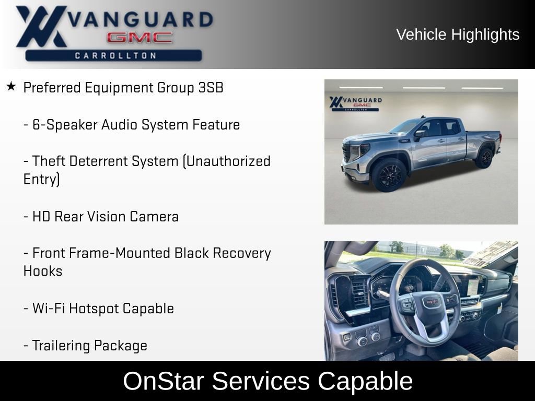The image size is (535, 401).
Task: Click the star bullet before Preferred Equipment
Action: click(11, 86)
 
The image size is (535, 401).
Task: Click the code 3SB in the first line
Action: click(211, 88)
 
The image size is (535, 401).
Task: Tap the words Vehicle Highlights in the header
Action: click(458, 34)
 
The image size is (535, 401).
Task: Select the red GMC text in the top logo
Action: click(139, 38)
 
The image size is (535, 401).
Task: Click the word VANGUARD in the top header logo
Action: click(141, 20)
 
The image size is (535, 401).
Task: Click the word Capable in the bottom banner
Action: click(365, 381)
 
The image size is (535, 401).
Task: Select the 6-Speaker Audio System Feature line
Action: click(132, 125)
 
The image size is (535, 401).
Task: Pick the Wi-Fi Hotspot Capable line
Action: click(99, 308)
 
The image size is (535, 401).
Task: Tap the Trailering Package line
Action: click(85, 345)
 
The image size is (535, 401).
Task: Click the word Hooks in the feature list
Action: click(43, 271)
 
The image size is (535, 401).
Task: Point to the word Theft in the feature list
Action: click(52, 161)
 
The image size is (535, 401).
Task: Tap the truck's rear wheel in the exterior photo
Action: click(484, 158)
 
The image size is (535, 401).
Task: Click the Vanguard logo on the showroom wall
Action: click(355, 102)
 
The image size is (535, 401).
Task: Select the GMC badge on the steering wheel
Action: click(431, 302)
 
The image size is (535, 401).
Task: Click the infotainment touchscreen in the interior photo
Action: click(473, 286)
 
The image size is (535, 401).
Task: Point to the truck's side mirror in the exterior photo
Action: click(419, 134)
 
